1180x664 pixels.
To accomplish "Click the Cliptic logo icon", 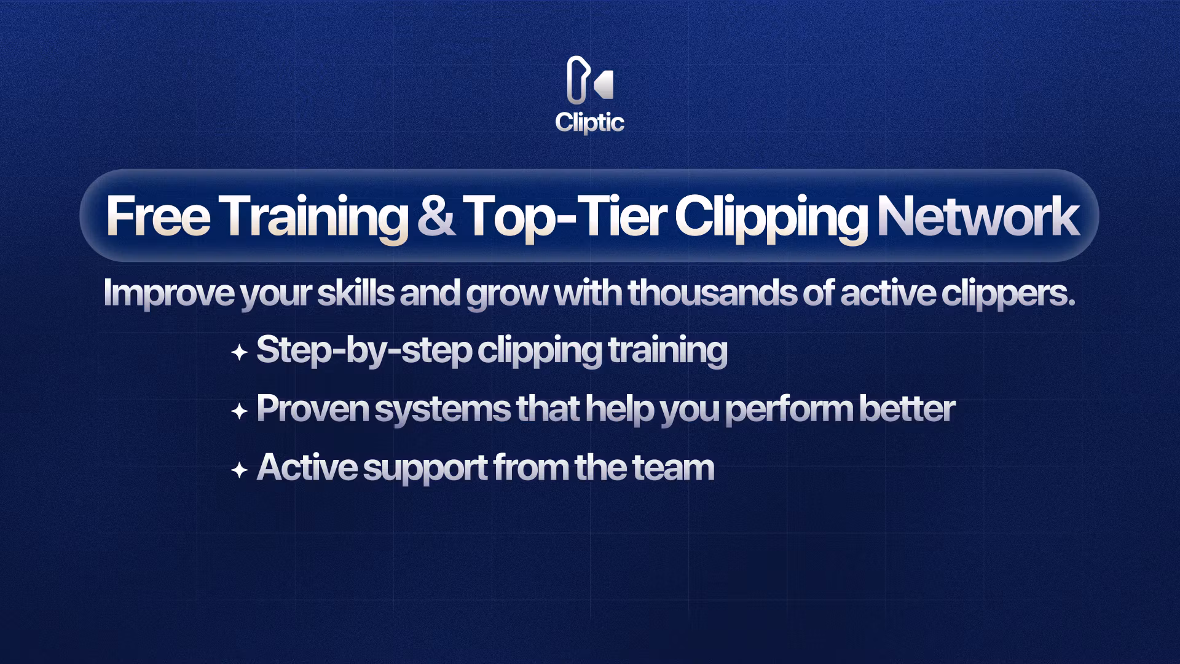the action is click(589, 80).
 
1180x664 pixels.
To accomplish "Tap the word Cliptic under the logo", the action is click(590, 122).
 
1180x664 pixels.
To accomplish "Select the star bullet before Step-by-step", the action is click(239, 353).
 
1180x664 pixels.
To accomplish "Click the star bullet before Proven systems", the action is click(239, 411).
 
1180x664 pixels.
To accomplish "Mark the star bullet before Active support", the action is click(239, 471).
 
